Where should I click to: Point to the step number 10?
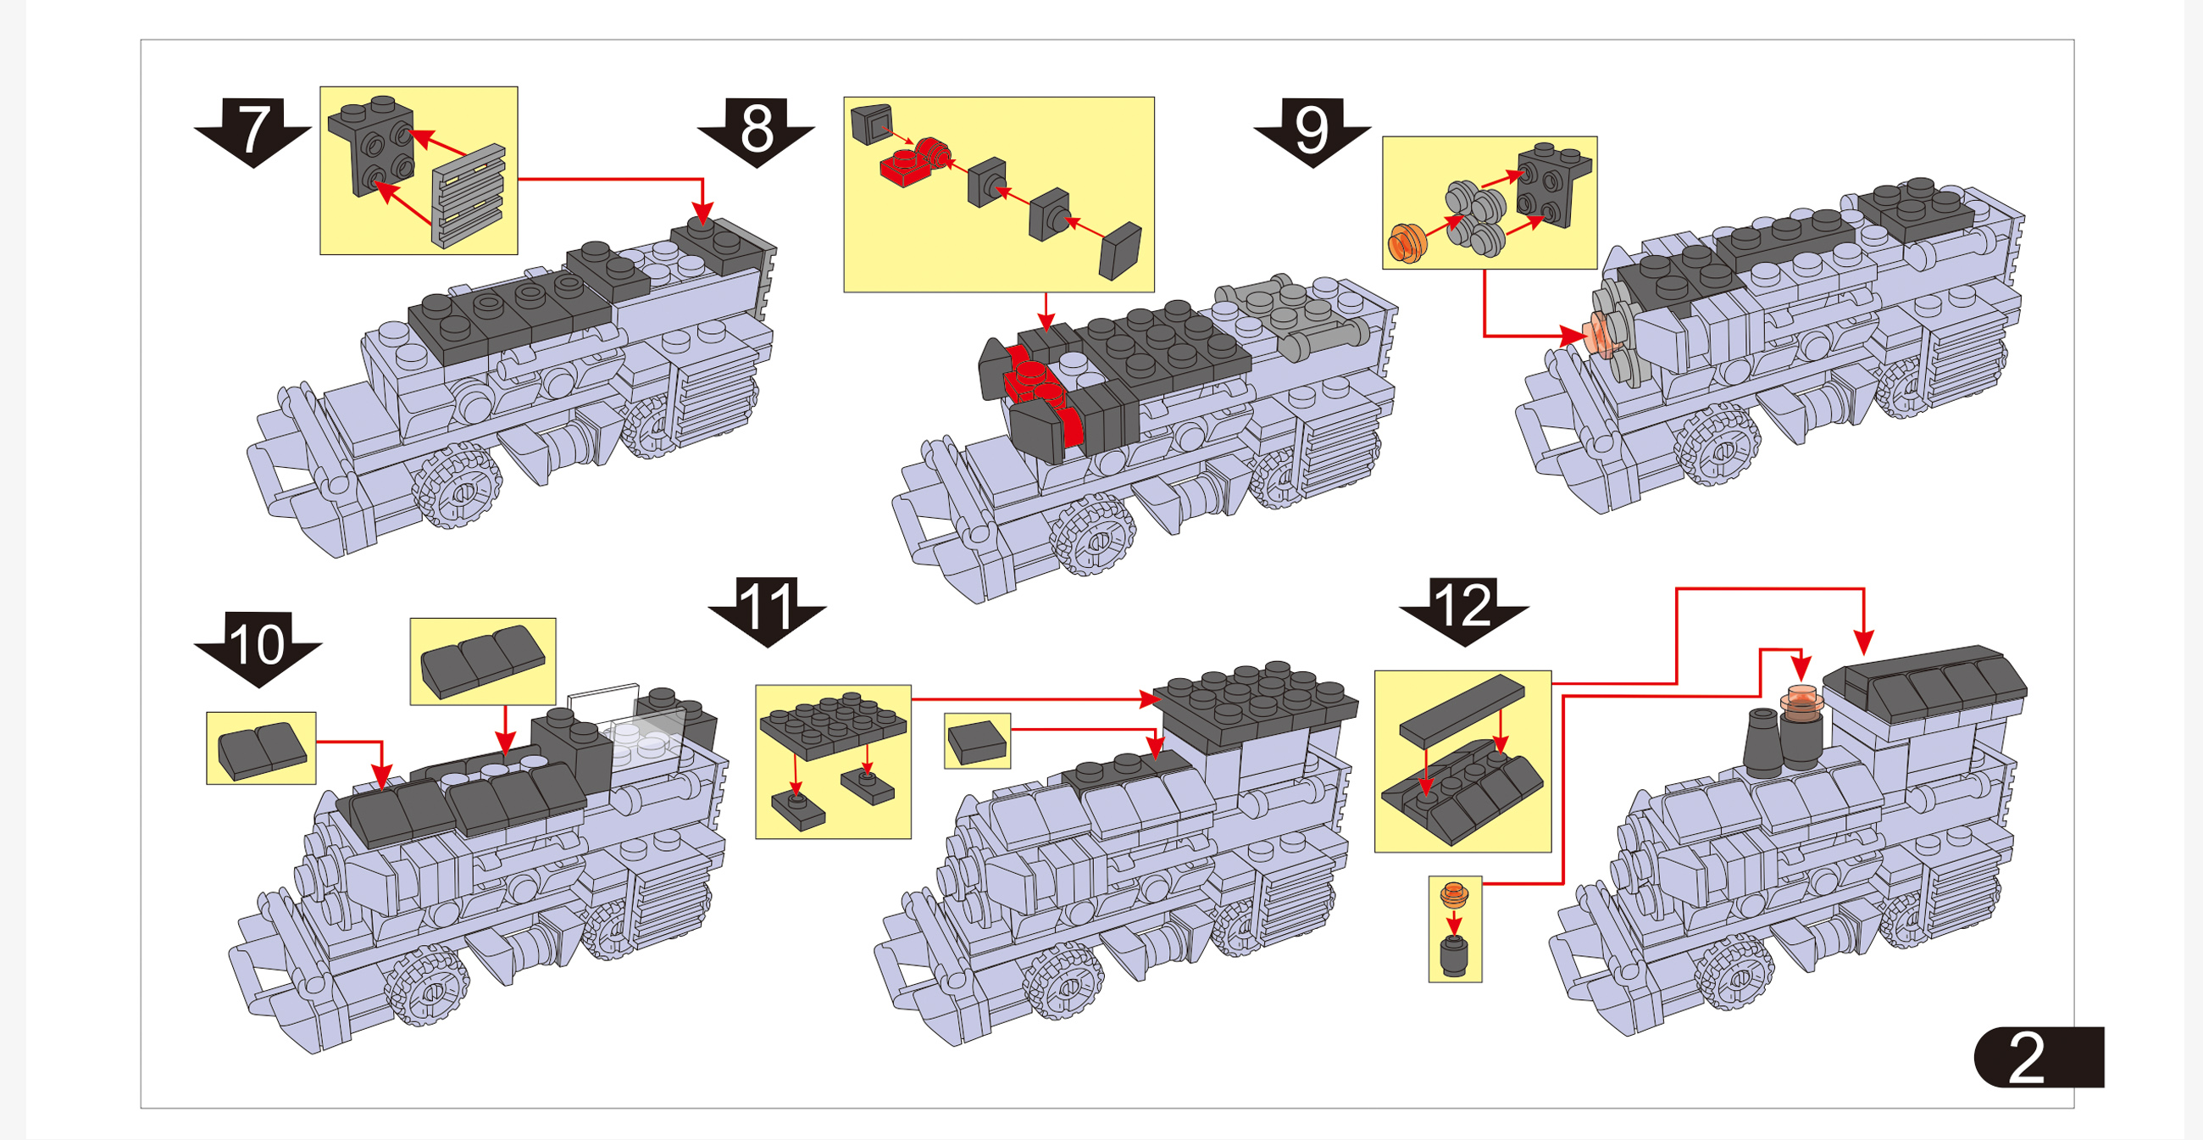click(258, 643)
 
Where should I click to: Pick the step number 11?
click(767, 605)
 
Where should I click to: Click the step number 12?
click(1463, 605)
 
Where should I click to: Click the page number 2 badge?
click(2037, 1057)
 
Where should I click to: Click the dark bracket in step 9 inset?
click(1553, 184)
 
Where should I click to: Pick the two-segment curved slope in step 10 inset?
click(262, 749)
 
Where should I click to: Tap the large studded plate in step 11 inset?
click(832, 727)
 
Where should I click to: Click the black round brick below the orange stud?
click(1453, 956)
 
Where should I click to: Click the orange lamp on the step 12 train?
click(1802, 699)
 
